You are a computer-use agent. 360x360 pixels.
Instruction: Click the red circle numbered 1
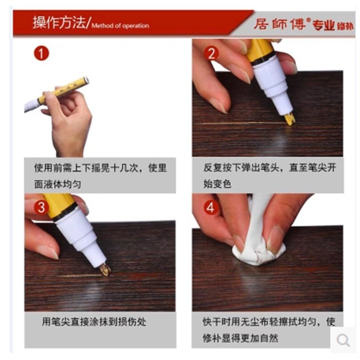tap(41, 54)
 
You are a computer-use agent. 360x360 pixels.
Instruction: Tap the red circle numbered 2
tap(211, 54)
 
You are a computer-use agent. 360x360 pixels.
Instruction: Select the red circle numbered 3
tap(41, 207)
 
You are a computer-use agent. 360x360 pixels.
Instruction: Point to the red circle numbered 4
tap(211, 207)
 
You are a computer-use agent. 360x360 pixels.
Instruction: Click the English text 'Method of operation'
tap(120, 26)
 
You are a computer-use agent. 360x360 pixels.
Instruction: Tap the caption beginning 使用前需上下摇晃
tap(100, 175)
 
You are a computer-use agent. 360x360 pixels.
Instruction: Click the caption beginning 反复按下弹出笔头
tap(269, 175)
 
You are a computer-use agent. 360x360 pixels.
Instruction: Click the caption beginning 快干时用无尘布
tap(269, 329)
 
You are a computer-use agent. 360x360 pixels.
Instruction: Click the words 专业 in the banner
tap(324, 25)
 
